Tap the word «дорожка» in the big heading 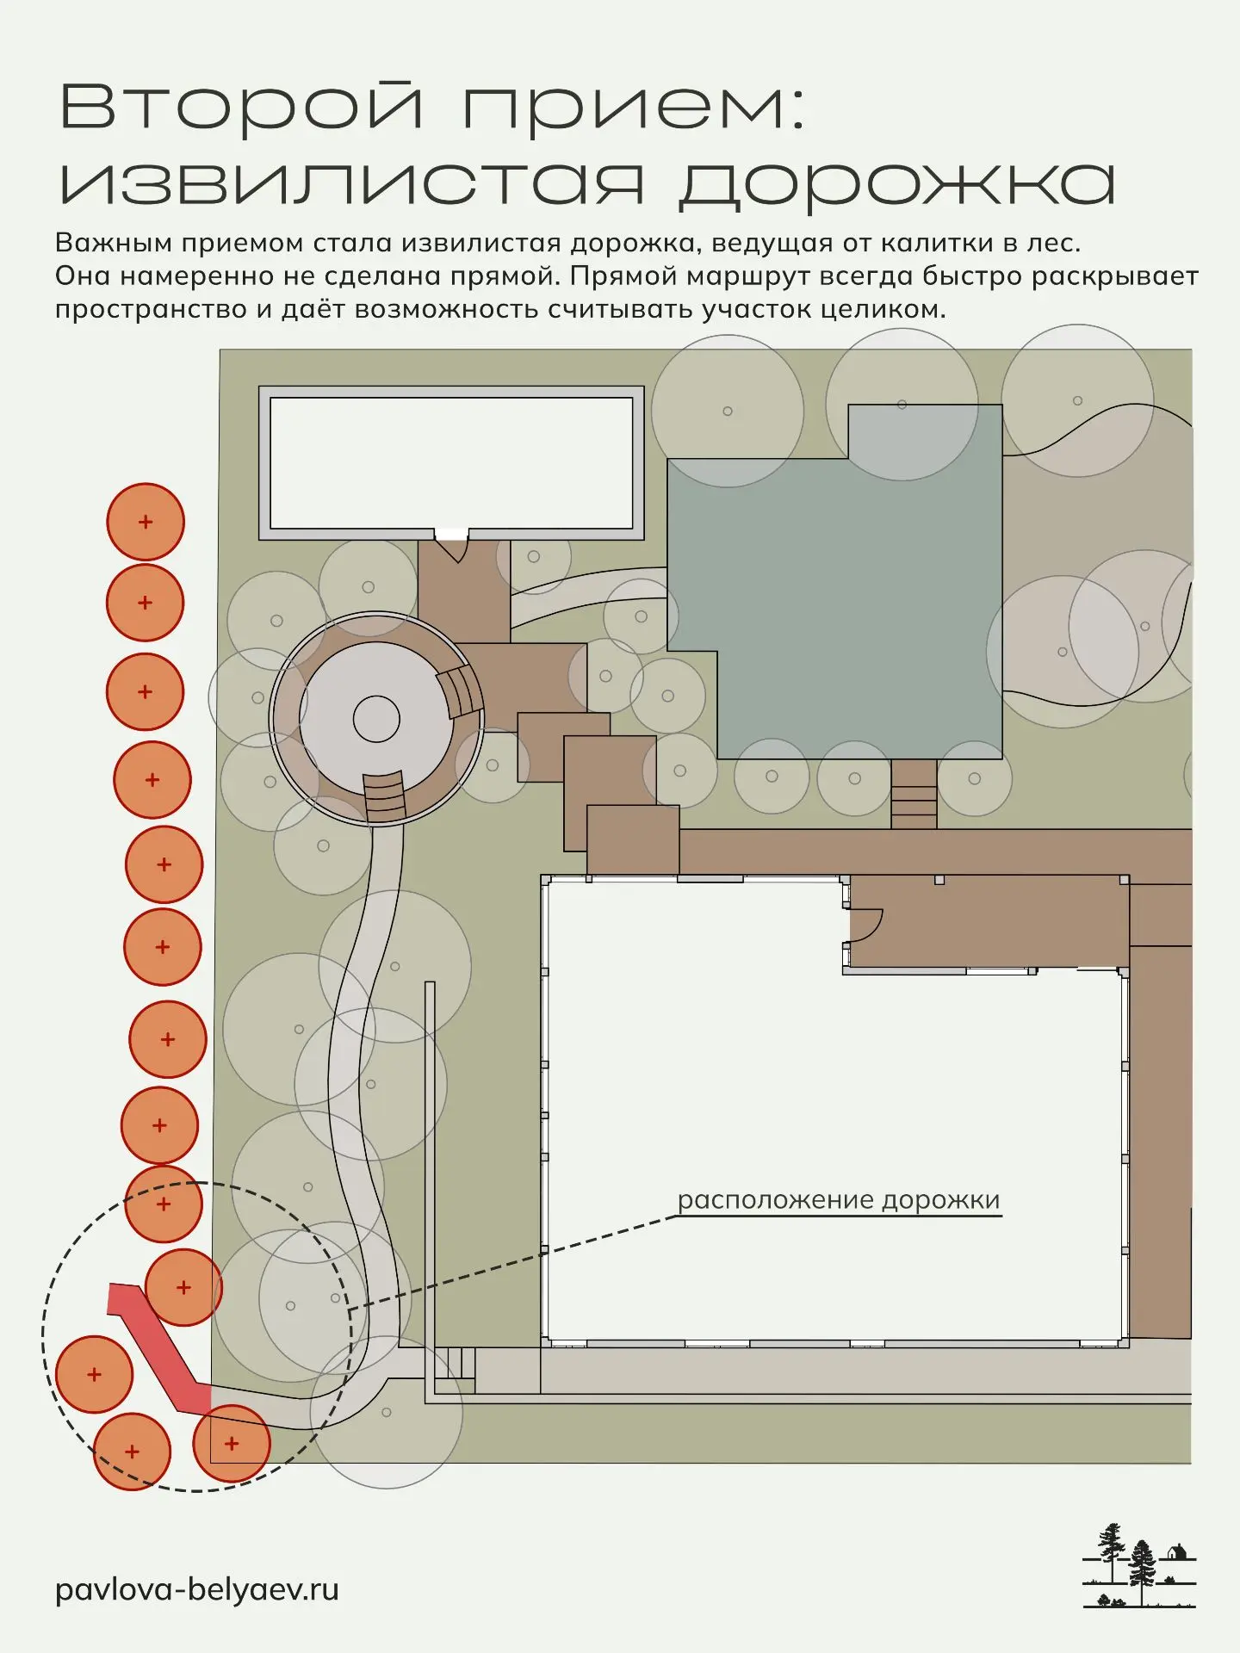point(897,183)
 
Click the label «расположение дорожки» point(839,1201)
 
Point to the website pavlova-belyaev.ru point(197,1589)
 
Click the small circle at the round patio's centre point(376,719)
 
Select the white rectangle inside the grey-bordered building point(451,463)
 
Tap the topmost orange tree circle point(146,522)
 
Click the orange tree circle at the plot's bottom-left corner point(231,1444)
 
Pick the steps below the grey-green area point(914,794)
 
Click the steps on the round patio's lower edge point(384,798)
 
